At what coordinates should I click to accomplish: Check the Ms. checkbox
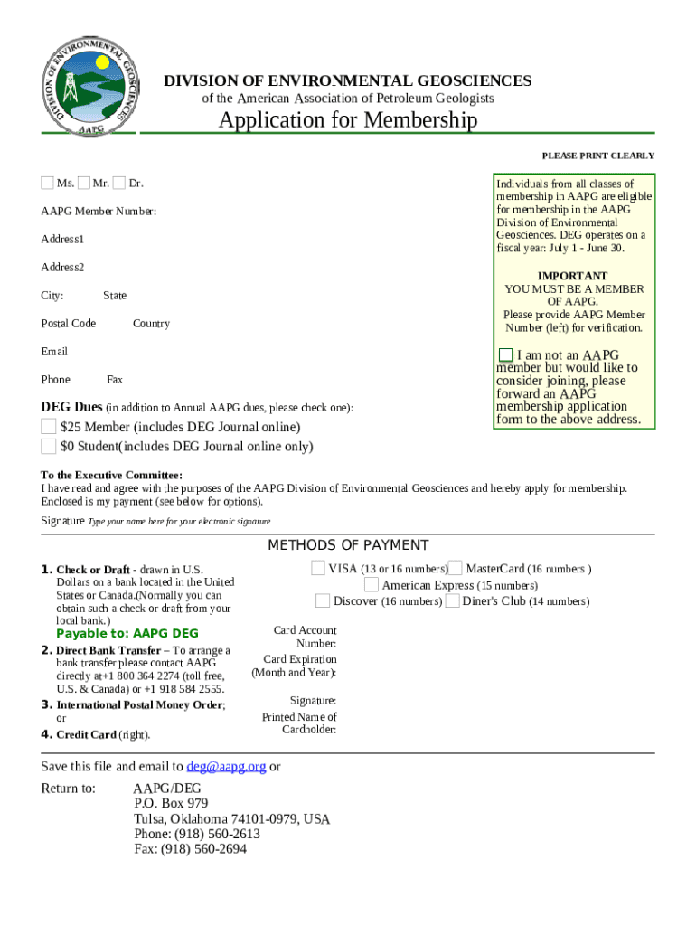pos(47,184)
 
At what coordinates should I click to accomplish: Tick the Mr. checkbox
pos(83,184)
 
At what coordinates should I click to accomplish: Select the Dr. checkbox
pos(118,184)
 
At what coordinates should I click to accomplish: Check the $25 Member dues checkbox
pos(48,426)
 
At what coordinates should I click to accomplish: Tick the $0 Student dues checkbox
pos(48,446)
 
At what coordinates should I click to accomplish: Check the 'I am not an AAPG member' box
pos(505,354)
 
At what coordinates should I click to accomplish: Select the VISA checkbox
pos(318,568)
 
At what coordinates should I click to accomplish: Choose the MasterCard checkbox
pos(456,568)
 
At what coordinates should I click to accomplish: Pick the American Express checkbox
pos(372,584)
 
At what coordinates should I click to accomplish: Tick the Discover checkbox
pos(323,600)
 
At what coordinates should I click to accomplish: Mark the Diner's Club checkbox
pos(452,600)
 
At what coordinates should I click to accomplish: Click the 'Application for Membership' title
pos(347,120)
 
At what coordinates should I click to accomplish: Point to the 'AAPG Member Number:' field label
pos(99,212)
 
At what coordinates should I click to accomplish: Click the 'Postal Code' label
pos(68,324)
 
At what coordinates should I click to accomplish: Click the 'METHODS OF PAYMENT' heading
pos(348,545)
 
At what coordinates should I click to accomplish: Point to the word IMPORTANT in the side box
pos(572,276)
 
